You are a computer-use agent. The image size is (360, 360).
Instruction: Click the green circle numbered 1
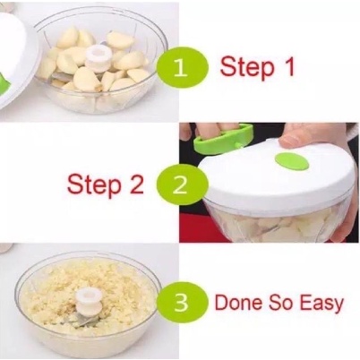182,68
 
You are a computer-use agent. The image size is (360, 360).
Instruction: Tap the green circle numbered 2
182,184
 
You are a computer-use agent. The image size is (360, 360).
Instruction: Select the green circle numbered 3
182,302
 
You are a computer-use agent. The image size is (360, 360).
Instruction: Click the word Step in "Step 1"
247,68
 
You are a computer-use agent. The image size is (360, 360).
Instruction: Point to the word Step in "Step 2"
94,185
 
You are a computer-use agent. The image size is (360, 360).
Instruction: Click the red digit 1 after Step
288,66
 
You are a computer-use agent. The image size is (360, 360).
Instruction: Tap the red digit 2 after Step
137,184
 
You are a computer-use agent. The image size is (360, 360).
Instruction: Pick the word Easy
321,304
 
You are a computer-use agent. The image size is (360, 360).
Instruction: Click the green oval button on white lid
292,161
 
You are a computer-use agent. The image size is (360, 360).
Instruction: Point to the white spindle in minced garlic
87,303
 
